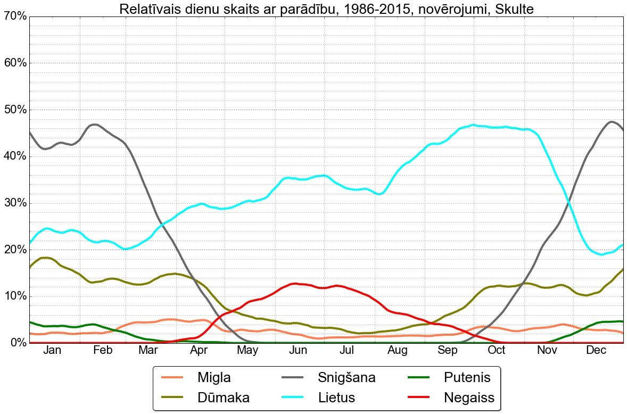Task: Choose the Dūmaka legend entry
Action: tap(223, 398)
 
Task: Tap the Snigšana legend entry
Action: tap(346, 378)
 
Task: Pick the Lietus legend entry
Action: tap(336, 398)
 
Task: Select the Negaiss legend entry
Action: tap(469, 398)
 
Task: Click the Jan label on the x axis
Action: tap(52, 350)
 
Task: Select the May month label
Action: tap(248, 350)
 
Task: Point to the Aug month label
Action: tap(397, 350)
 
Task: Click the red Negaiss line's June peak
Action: tap(296, 284)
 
